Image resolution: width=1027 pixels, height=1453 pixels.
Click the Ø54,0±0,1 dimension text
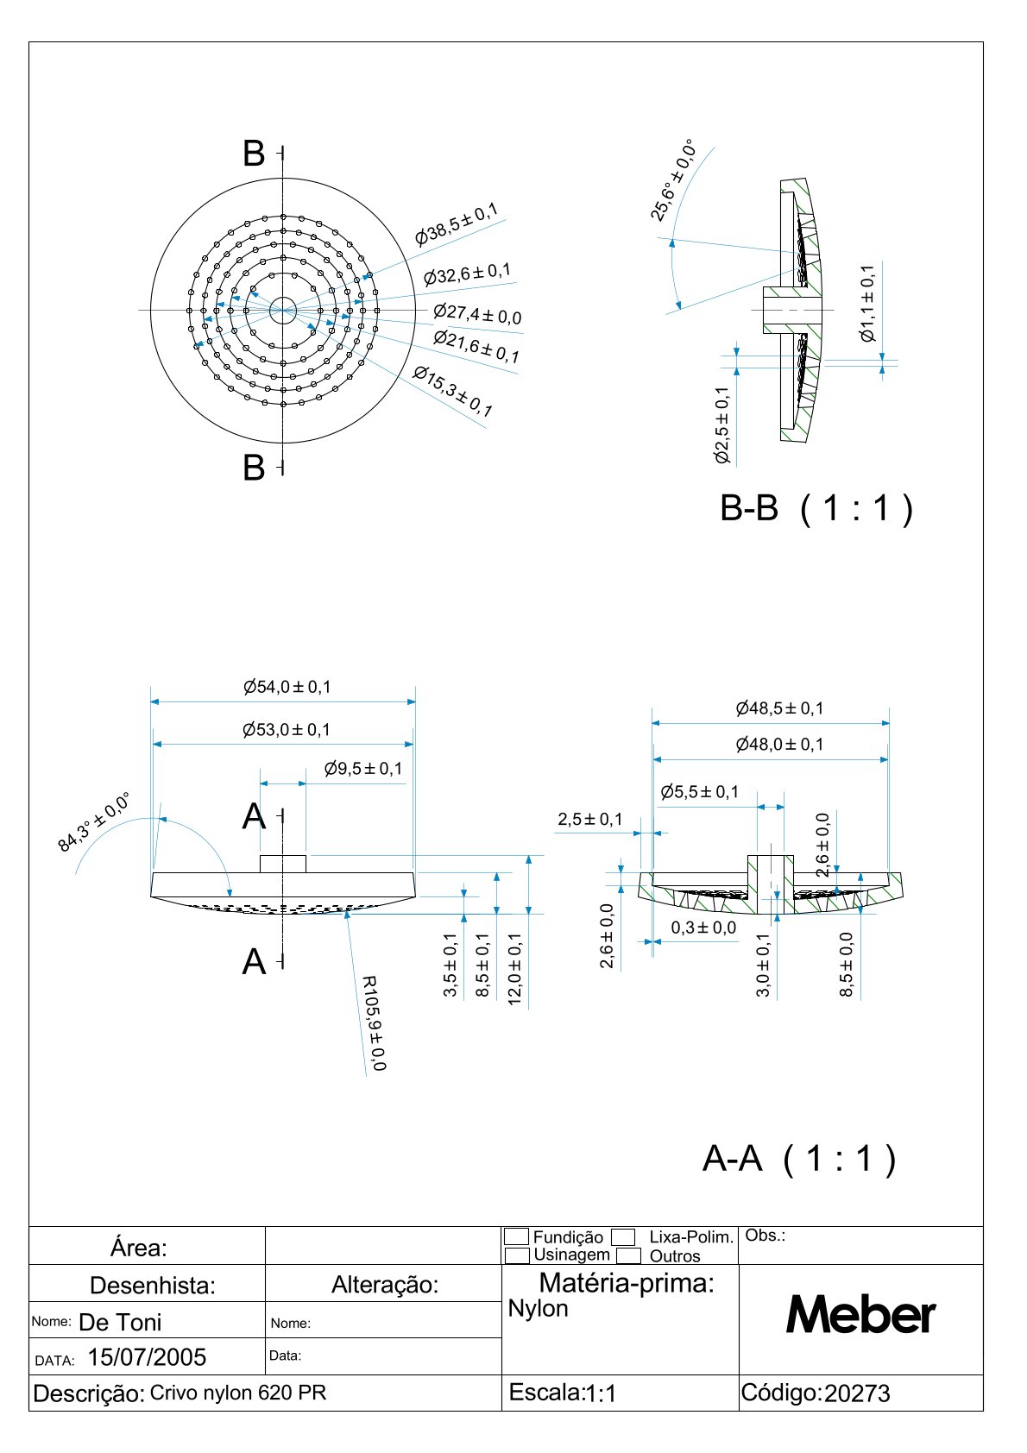287,687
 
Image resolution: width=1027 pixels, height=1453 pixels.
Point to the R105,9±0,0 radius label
374,1023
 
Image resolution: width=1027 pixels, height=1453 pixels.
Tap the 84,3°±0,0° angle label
93,821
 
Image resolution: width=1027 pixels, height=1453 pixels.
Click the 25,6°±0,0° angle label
673,179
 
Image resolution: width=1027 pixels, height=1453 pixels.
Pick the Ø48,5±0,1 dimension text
779,708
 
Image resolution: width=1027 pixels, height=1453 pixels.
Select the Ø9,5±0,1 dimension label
362,769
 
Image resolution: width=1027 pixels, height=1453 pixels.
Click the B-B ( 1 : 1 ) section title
816,508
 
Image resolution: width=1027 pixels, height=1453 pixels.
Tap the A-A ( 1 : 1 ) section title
798,1159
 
